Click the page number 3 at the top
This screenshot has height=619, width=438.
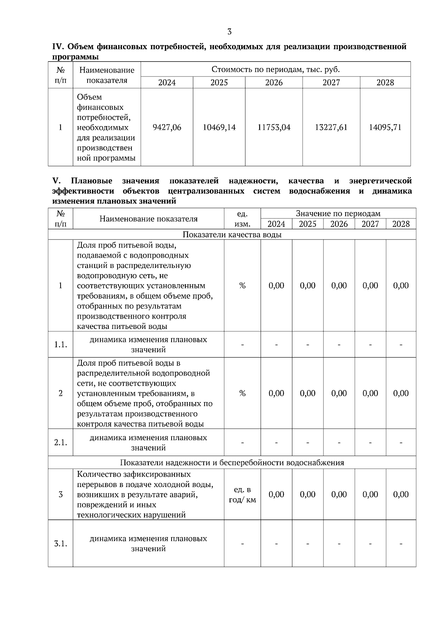point(229,32)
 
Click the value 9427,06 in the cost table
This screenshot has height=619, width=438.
point(167,127)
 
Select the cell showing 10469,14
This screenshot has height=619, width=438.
point(219,127)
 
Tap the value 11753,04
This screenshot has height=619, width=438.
point(274,127)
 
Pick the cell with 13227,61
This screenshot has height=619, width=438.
point(331,127)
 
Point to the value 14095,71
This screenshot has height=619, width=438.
point(385,127)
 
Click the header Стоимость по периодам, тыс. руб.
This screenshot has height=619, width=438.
point(276,69)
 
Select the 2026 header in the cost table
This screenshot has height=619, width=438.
point(274,83)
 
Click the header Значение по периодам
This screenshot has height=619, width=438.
point(338,213)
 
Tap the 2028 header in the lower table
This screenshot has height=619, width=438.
point(401,224)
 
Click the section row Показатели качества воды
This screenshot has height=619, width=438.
point(232,234)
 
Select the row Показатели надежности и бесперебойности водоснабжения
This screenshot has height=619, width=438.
point(232,463)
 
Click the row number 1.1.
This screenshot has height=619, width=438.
point(61,344)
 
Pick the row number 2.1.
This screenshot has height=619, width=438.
point(61,443)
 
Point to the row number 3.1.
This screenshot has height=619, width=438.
point(61,544)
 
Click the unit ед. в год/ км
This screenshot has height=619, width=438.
point(242,495)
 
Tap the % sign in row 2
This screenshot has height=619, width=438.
point(242,393)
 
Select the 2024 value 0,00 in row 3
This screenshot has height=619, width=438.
point(276,494)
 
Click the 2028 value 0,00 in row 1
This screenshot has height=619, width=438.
point(401,285)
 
